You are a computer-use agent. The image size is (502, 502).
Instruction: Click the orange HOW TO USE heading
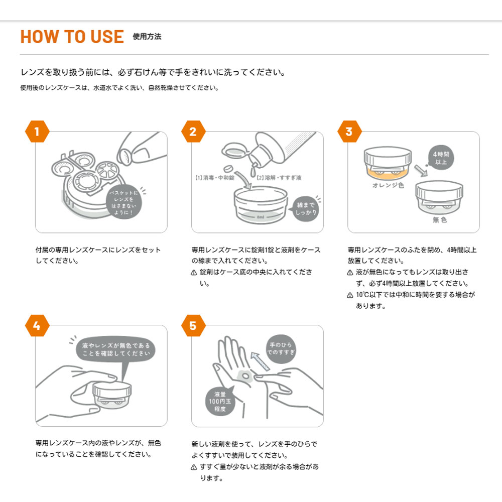click(x=72, y=37)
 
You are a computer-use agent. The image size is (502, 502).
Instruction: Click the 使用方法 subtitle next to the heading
click(x=147, y=37)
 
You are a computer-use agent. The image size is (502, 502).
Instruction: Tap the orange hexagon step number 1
click(x=37, y=132)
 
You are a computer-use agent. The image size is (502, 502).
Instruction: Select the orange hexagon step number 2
click(x=193, y=132)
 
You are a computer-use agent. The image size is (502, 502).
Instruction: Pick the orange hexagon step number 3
click(x=349, y=132)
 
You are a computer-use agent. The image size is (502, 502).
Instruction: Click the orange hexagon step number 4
click(x=37, y=325)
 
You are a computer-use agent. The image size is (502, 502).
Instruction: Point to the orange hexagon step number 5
click(x=193, y=325)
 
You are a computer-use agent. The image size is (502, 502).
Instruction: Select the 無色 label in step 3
click(x=440, y=220)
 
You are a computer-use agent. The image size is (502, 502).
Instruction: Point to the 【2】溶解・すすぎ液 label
click(x=279, y=178)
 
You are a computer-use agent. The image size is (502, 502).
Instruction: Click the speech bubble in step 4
click(x=115, y=349)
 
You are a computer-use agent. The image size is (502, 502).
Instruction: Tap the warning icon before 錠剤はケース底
click(x=194, y=273)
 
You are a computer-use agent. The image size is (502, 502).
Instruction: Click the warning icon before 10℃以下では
click(x=350, y=295)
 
